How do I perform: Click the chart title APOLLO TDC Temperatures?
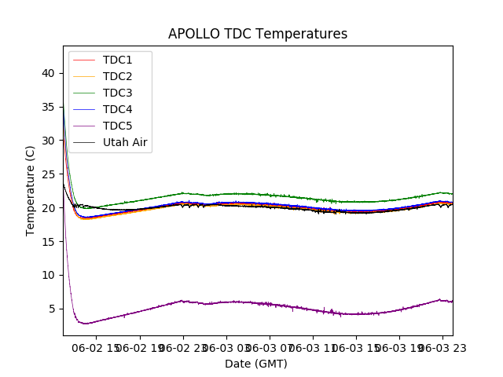tap(258, 34)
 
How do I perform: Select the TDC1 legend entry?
tap(117, 60)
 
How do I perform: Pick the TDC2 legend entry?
tap(117, 76)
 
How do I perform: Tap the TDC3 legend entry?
tap(117, 93)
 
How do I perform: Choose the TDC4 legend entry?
tap(117, 109)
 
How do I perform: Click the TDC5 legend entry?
tap(117, 126)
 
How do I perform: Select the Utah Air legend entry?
tap(125, 143)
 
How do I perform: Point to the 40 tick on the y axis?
tap(48, 73)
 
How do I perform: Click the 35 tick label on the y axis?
tap(48, 107)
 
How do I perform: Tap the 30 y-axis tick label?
tap(48, 141)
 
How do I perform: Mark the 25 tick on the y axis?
tap(48, 174)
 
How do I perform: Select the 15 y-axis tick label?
tap(48, 242)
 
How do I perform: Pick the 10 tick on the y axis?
tap(48, 275)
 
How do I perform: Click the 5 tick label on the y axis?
tap(51, 309)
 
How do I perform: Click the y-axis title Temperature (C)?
tap(31, 190)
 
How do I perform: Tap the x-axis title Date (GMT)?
tap(256, 364)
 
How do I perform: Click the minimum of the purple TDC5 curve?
tap(86, 324)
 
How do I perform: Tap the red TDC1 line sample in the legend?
tap(84, 60)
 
